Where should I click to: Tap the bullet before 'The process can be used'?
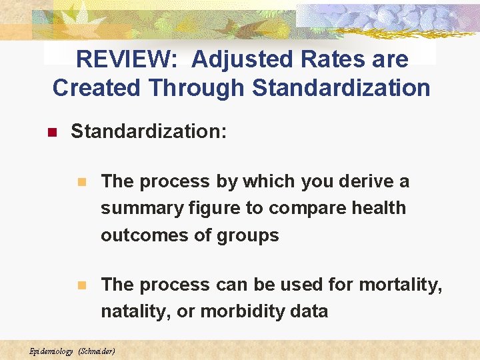[x=82, y=285]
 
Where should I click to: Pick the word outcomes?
[x=142, y=235]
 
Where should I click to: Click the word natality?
[x=135, y=311]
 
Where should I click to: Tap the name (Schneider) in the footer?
[x=97, y=351]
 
